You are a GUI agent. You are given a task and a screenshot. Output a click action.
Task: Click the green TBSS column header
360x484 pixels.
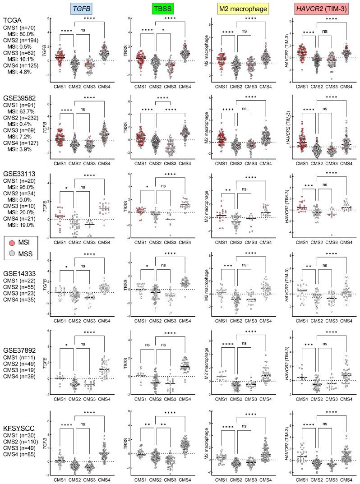click(160, 7)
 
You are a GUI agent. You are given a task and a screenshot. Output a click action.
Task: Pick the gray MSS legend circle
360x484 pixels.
click(13, 255)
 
